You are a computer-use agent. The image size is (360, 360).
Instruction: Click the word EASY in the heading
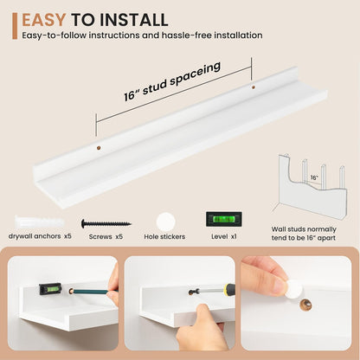[44, 20]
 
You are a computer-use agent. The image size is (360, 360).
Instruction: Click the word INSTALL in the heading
[134, 20]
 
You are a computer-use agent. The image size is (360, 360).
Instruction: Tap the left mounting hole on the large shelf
[99, 148]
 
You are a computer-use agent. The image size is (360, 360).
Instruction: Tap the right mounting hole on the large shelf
[254, 87]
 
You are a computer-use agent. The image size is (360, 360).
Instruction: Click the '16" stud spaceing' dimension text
[172, 81]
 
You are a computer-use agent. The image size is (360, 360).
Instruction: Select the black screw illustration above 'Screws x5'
[106, 223]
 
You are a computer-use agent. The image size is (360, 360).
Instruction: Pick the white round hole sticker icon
[166, 222]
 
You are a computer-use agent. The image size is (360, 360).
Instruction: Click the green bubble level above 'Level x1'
[224, 219]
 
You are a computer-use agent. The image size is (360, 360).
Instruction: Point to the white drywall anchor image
[39, 222]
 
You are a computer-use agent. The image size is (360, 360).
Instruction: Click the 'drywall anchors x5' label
[40, 236]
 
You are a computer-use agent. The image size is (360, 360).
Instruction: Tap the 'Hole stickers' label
[164, 237]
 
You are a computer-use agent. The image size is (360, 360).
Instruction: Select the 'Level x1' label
[224, 236]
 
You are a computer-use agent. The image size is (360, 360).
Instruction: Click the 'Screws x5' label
[106, 237]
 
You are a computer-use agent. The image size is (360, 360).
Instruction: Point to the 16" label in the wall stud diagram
[314, 177]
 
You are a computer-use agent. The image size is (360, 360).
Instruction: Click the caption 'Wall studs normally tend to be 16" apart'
[304, 234]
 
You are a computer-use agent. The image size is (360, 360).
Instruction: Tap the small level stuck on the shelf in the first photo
[50, 289]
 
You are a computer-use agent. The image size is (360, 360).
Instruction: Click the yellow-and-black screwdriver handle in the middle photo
[229, 290]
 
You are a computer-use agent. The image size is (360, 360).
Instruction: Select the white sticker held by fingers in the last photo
[295, 288]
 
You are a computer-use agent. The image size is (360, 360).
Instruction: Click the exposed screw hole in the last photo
[305, 305]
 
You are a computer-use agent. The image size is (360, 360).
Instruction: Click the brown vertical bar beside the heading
[15, 26]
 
